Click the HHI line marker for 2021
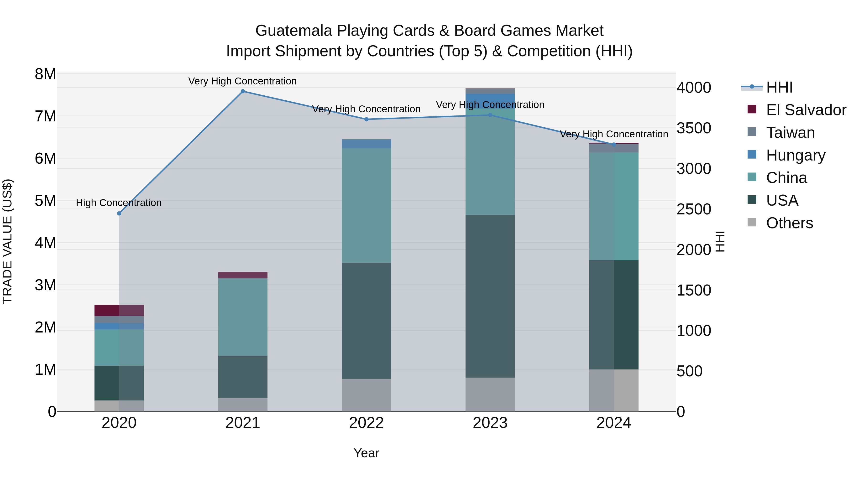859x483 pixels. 243,91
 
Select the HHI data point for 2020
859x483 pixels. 119,213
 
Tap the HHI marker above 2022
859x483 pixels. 367,119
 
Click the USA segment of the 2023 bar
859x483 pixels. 490,296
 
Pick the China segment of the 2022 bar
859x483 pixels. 367,205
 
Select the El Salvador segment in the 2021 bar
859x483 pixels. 243,275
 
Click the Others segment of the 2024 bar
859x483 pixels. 613,390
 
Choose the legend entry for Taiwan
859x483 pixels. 790,133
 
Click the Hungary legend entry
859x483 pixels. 795,155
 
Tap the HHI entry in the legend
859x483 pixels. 779,87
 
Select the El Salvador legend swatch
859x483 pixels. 752,109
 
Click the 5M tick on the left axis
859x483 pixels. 45,201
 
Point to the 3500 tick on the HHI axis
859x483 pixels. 694,128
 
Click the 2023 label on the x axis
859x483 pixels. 490,423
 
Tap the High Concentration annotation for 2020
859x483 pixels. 119,203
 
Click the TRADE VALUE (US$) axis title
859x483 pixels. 7,241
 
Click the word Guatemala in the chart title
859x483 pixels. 293,31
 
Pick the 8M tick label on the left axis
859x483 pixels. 45,74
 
